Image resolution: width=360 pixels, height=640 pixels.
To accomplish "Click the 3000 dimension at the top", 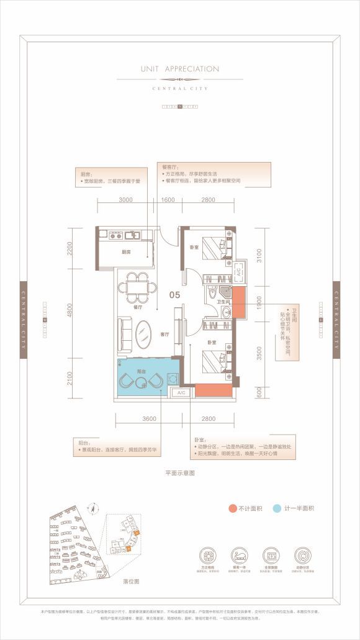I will pyautogui.click(x=126, y=200).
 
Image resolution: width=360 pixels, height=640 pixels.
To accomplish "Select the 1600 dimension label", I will pyautogui.click(x=168, y=200).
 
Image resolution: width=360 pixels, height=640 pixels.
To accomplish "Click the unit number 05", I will pyautogui.click(x=176, y=296).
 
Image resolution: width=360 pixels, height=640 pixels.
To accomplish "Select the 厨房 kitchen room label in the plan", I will pyautogui.click(x=126, y=252).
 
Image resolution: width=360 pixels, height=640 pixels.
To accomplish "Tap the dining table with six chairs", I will pyautogui.click(x=138, y=286).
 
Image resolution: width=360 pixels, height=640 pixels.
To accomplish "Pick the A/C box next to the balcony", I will pyautogui.click(x=182, y=393).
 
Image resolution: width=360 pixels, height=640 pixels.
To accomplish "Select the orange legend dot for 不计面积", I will pyautogui.click(x=232, y=508).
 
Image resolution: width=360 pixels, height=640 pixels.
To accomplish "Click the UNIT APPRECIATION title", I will pyautogui.click(x=180, y=69).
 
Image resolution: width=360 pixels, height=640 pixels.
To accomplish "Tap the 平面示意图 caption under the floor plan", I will pyautogui.click(x=180, y=473).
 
